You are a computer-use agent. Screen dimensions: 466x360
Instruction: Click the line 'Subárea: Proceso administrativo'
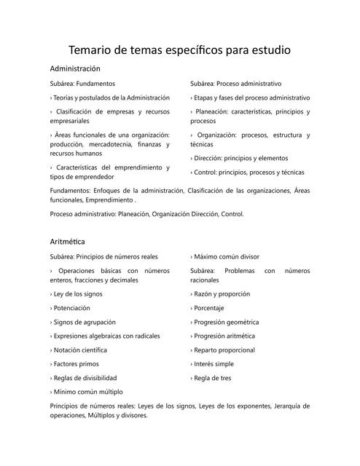(x=235, y=84)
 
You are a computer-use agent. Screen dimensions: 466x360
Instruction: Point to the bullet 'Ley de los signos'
(x=77, y=294)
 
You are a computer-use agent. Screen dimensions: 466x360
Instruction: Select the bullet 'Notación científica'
(x=81, y=350)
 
